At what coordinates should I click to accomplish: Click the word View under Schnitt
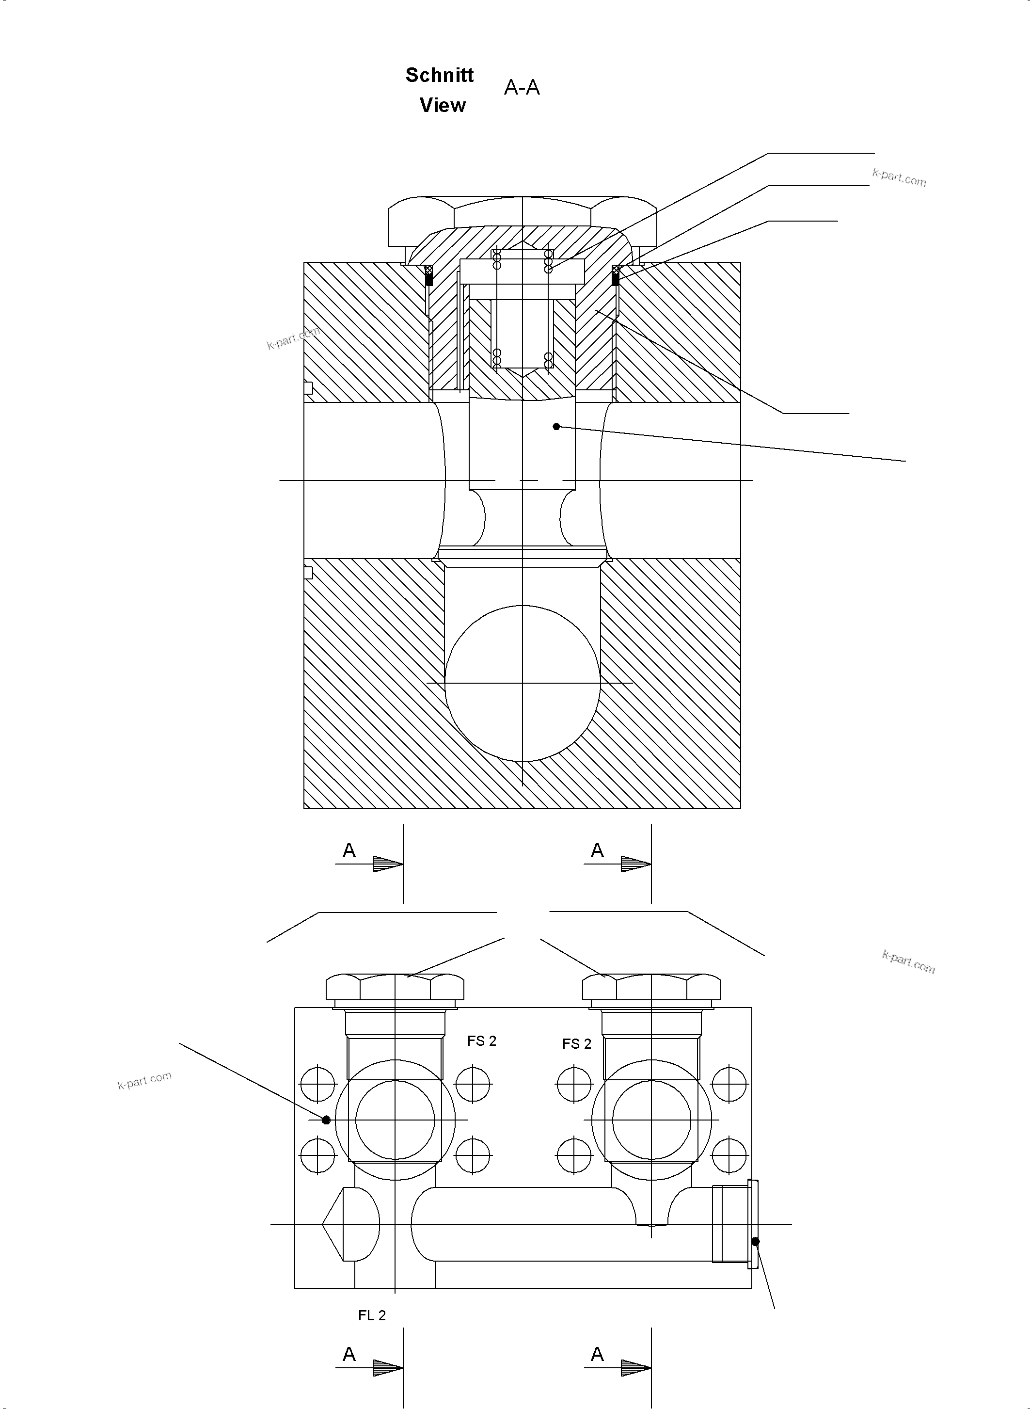(443, 105)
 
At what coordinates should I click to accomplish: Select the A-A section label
(522, 88)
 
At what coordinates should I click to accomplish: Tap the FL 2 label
(372, 1315)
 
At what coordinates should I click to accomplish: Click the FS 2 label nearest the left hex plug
(482, 1041)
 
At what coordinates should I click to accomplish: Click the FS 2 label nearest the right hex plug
(577, 1043)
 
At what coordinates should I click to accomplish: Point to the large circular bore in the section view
(523, 683)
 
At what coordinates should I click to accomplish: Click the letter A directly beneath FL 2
(349, 1355)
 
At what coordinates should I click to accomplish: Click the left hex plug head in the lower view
(395, 987)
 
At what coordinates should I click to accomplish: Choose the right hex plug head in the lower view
(651, 987)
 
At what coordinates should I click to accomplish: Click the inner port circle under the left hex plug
(395, 1120)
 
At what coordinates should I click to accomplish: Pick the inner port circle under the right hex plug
(651, 1120)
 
